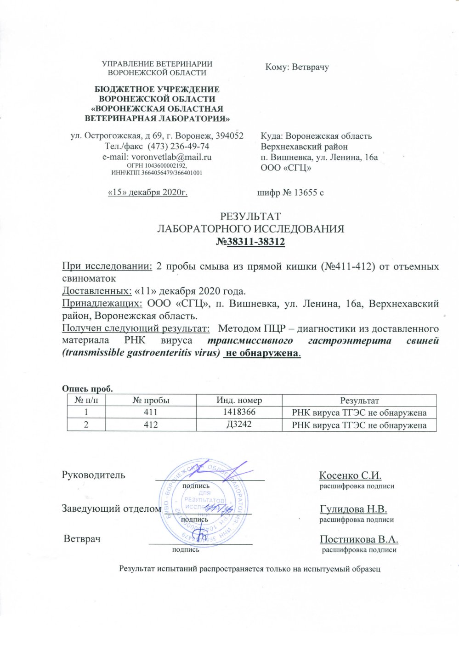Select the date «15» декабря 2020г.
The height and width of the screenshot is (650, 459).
click(x=147, y=192)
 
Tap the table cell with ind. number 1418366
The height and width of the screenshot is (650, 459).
click(x=239, y=413)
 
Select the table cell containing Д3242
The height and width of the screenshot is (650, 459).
click(x=239, y=424)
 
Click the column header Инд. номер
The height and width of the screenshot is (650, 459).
click(x=239, y=400)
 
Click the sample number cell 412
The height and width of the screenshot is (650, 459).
click(x=151, y=425)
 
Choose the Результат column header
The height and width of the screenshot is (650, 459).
click(x=359, y=401)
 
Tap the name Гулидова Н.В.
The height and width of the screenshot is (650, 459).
click(x=353, y=509)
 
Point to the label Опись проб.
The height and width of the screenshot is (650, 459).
click(x=87, y=389)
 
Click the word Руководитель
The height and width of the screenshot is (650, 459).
click(x=93, y=475)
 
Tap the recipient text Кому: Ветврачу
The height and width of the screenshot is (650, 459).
click(x=297, y=67)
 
